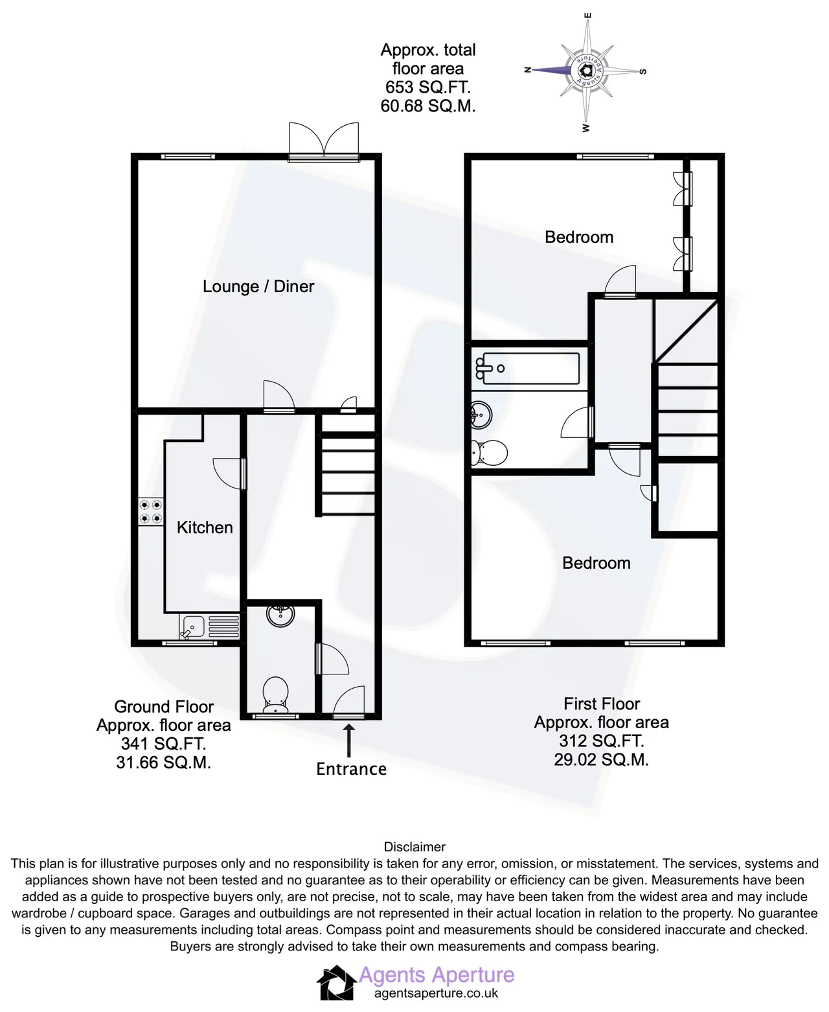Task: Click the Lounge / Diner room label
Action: [258, 286]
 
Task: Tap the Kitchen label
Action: [205, 527]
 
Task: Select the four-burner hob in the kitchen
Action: [150, 512]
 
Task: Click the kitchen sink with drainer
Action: [209, 627]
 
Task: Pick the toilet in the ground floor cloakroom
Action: [275, 695]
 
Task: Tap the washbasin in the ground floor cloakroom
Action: [280, 615]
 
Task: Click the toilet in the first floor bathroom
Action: [489, 452]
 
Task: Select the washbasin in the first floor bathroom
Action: [481, 415]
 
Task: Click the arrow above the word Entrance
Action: [349, 741]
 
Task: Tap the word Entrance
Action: [351, 769]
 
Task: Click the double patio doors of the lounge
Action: [324, 141]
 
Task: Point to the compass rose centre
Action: [585, 71]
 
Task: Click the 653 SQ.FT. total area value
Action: [428, 87]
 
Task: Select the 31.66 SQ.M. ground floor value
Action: [164, 763]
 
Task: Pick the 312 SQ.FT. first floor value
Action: [601, 741]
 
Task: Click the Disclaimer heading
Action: [414, 847]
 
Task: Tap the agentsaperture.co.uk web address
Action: [436, 993]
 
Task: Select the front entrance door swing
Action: [349, 702]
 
